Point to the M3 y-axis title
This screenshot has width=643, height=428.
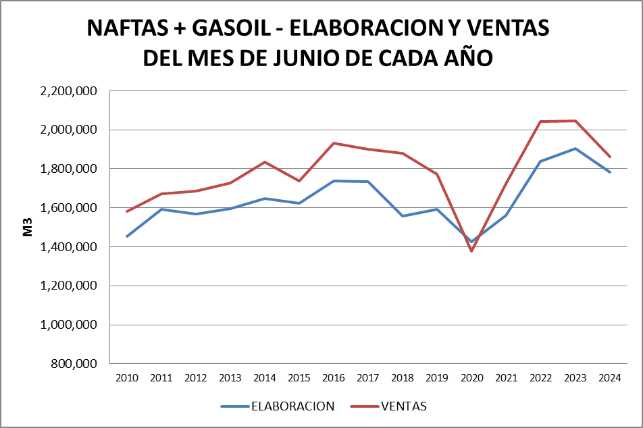tap(28, 228)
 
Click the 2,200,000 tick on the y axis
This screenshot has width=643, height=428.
tap(69, 90)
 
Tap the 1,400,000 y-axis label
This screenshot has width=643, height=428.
tap(69, 247)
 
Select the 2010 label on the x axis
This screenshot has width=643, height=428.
tap(127, 377)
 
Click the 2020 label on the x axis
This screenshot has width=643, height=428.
tap(471, 377)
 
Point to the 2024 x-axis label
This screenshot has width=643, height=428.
tap(609, 377)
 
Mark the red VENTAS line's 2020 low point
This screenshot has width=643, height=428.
tap(471, 251)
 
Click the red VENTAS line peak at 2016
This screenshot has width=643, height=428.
tap(334, 143)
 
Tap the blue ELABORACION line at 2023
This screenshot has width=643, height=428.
tap(575, 149)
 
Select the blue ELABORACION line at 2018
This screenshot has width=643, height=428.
tap(403, 216)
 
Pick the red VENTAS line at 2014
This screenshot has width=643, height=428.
tap(265, 162)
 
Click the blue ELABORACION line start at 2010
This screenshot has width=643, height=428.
tap(127, 236)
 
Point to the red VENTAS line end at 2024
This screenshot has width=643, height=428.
tap(609, 157)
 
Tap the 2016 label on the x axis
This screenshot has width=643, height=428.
tap(334, 377)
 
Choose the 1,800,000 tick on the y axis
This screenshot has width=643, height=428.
tap(69, 169)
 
